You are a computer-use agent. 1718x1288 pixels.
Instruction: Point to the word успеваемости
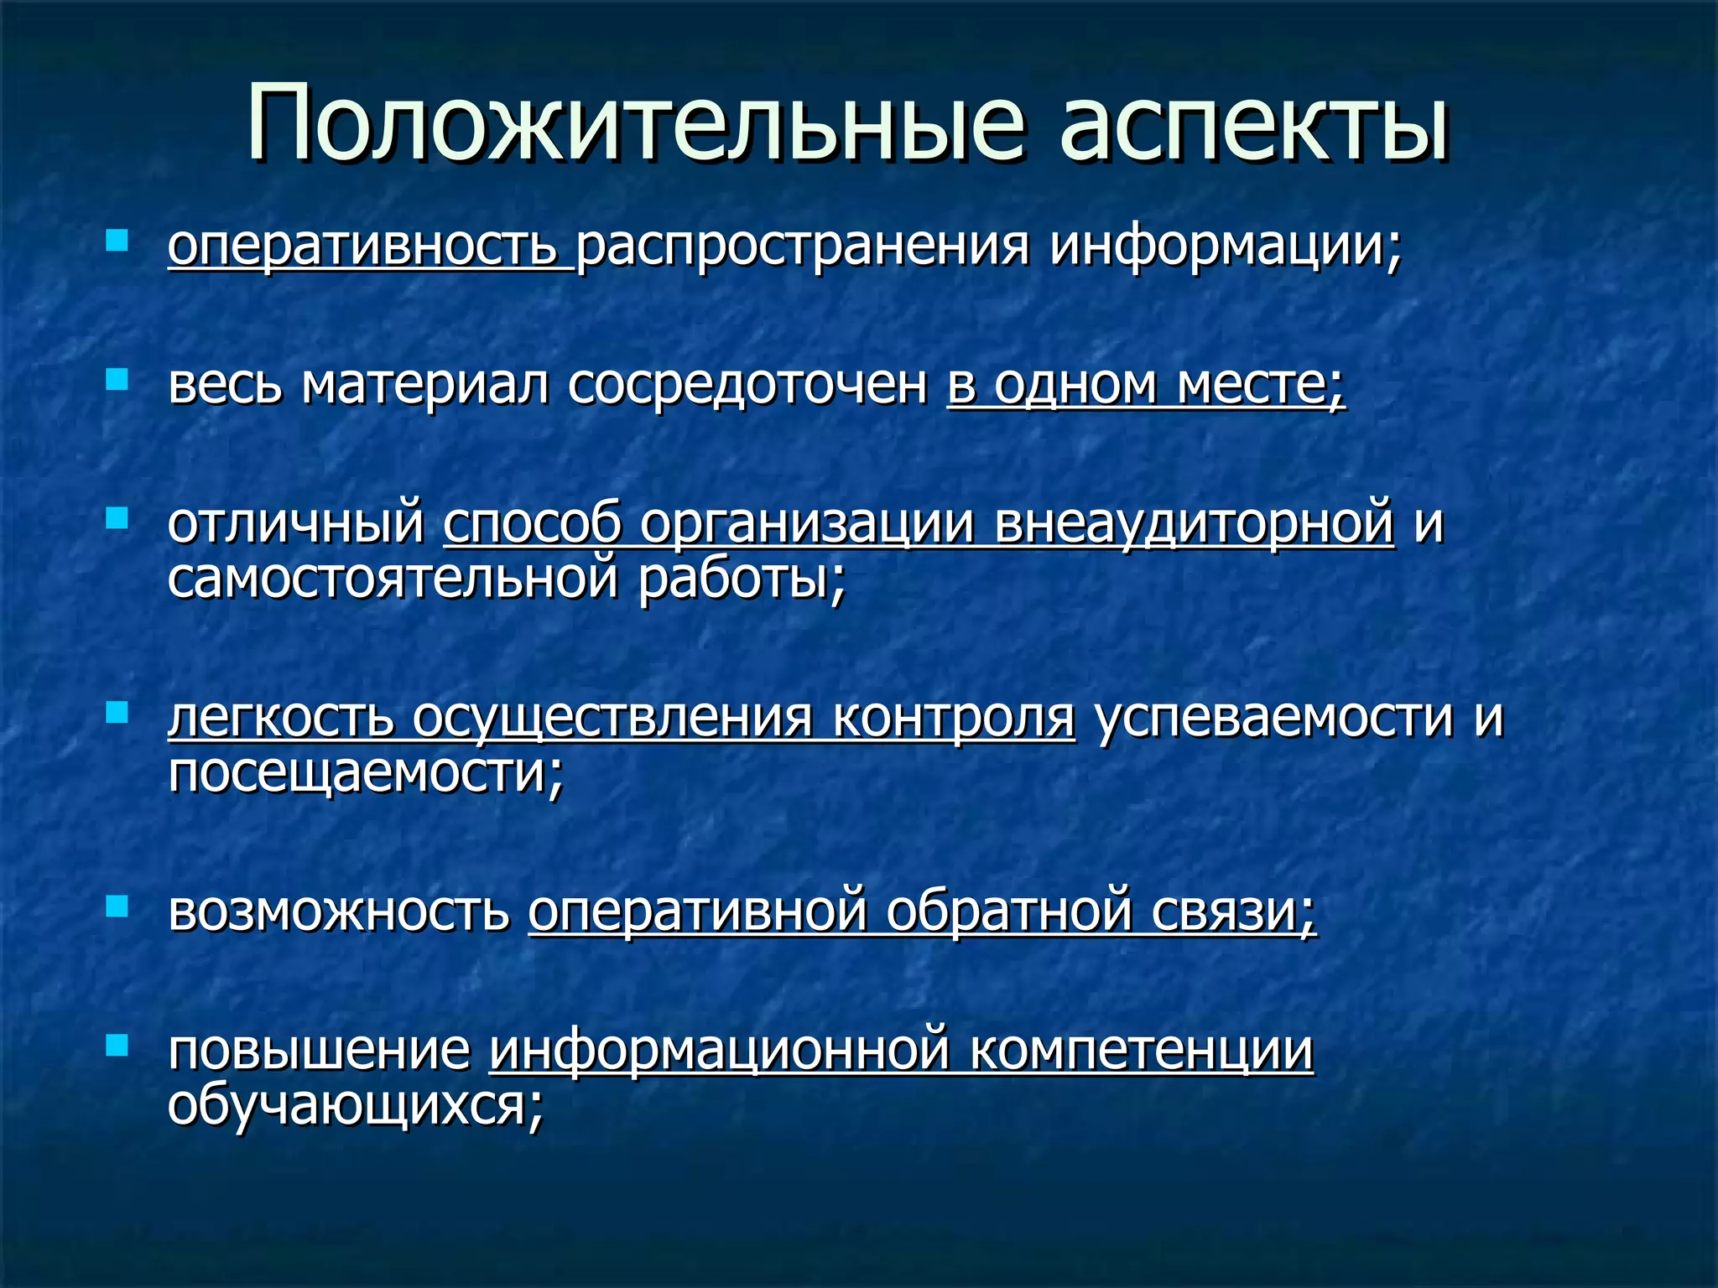[x=1274, y=718]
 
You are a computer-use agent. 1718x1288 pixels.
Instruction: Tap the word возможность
[x=339, y=911]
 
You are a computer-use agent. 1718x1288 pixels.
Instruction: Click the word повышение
[x=320, y=1050]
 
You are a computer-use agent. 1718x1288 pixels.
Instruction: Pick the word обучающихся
[x=356, y=1105]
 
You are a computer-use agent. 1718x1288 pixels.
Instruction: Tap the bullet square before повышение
[x=117, y=1045]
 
